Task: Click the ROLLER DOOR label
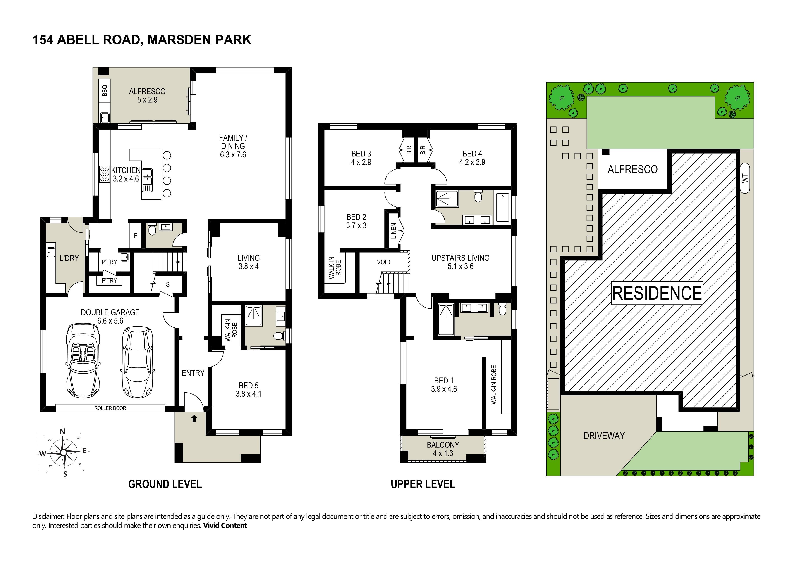point(110,408)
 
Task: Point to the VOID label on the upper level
point(383,262)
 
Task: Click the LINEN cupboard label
point(393,231)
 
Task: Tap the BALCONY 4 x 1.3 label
point(443,449)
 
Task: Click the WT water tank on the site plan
point(745,178)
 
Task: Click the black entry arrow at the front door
point(194,419)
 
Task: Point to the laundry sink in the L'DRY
point(51,252)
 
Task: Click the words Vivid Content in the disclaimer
point(225,525)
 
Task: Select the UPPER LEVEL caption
point(423,484)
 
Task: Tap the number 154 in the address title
point(43,40)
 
